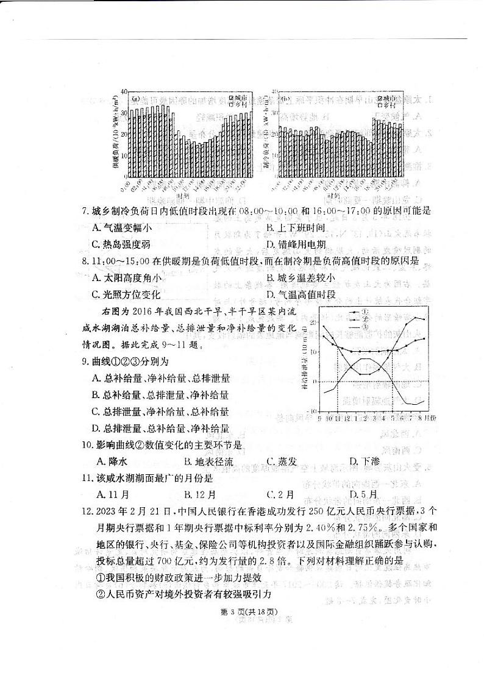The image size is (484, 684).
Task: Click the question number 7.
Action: pyautogui.click(x=85, y=212)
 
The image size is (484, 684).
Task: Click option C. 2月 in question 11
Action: pyautogui.click(x=280, y=494)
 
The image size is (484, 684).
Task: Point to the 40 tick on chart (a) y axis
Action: pyautogui.click(x=124, y=91)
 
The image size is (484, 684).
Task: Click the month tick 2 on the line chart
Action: pyautogui.click(x=365, y=419)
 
